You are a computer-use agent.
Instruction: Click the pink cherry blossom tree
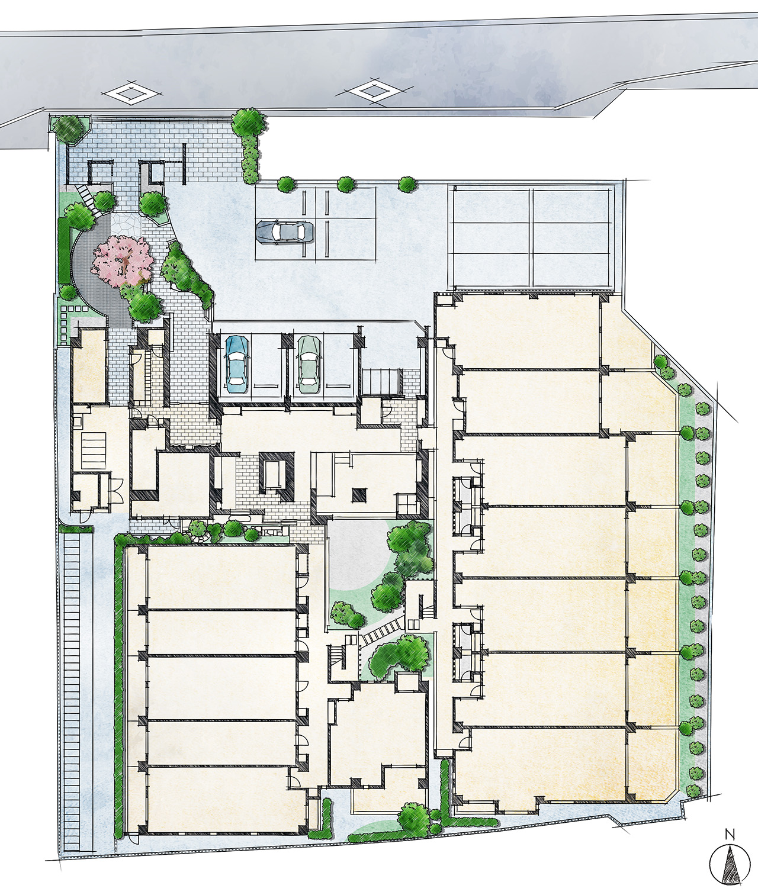123,260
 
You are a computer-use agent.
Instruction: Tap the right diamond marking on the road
371,91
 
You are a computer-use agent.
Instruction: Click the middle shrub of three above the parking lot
346,185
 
